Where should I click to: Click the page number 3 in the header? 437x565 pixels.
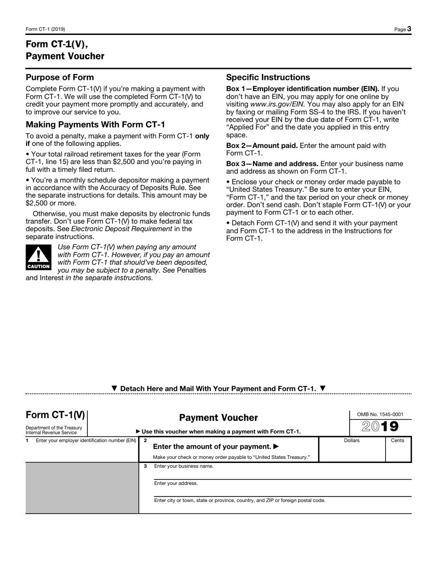pos(408,29)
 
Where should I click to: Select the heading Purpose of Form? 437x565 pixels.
pos(60,77)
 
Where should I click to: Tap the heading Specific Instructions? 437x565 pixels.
pos(268,77)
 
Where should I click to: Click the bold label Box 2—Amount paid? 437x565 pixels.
pos(262,146)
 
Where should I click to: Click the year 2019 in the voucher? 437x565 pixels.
pos(380,427)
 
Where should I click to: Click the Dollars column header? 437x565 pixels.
pos(352,440)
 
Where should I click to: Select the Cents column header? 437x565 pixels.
pos(397,440)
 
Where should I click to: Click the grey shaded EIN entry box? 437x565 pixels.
pos(82,487)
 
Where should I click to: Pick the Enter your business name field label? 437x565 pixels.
pos(184,466)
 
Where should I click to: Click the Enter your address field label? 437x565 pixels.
pos(176,483)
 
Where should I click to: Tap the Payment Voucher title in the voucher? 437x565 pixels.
pos(218,417)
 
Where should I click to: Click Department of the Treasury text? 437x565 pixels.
pos(54,428)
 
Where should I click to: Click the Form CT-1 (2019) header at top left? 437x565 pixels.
pos(45,29)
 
